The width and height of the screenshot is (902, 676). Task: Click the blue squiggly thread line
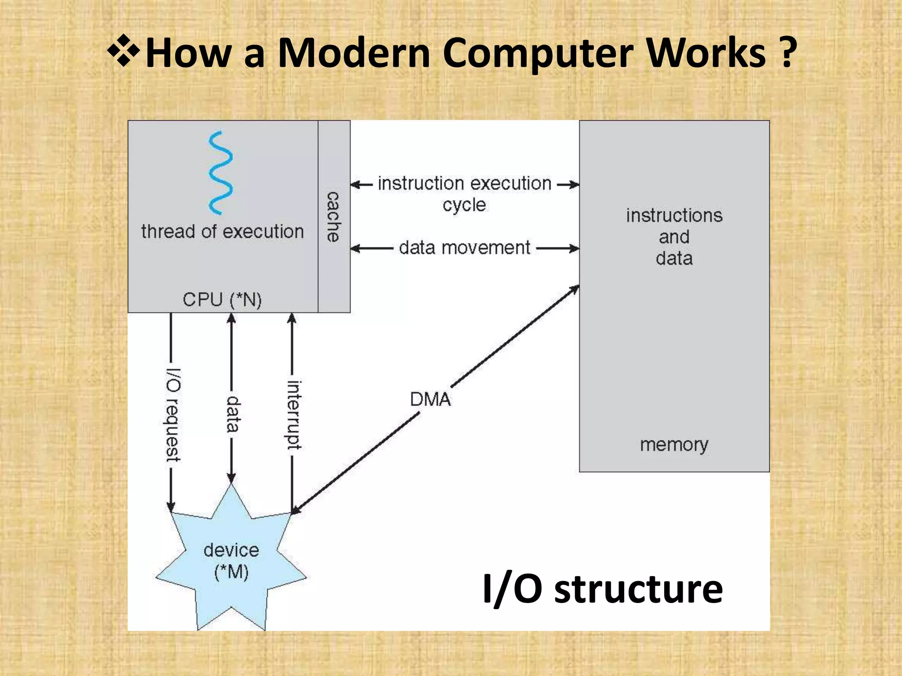pyautogui.click(x=220, y=173)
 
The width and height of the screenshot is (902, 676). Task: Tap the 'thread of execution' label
pyautogui.click(x=222, y=231)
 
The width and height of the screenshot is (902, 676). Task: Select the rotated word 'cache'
pyautogui.click(x=333, y=217)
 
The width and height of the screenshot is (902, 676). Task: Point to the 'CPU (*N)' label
pyautogui.click(x=222, y=300)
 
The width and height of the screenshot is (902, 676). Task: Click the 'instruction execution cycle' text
pyautogui.click(x=465, y=194)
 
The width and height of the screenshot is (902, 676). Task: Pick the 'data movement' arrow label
pyautogui.click(x=465, y=248)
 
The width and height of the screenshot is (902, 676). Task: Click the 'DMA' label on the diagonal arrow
pyautogui.click(x=430, y=400)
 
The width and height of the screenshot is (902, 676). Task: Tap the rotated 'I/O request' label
pyautogui.click(x=172, y=415)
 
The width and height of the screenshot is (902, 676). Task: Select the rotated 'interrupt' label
pyautogui.click(x=294, y=415)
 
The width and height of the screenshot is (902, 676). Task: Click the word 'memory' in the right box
pyautogui.click(x=674, y=445)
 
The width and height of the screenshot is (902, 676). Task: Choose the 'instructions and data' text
pyautogui.click(x=674, y=237)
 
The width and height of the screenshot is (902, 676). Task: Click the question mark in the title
pyautogui.click(x=787, y=53)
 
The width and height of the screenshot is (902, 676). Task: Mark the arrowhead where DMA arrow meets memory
pyautogui.click(x=575, y=289)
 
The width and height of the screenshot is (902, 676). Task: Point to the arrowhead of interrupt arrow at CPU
pyautogui.click(x=292, y=318)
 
